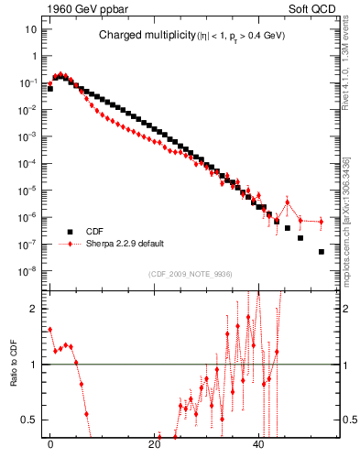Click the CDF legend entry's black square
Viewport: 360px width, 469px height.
(x=67, y=232)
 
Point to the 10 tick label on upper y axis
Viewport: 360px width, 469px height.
(x=30, y=29)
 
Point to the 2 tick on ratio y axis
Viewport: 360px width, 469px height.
(x=32, y=309)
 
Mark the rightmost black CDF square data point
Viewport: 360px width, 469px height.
(x=321, y=251)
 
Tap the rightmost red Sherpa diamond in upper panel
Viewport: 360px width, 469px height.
(x=321, y=221)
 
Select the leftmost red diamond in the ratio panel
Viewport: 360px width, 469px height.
(x=49, y=329)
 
